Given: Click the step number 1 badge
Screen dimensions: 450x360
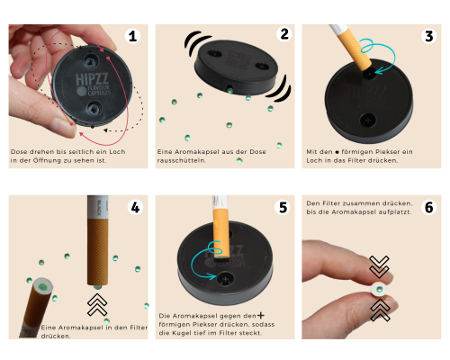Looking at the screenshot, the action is pos(132,37).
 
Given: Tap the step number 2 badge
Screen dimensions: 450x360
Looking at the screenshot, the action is pos(284,34).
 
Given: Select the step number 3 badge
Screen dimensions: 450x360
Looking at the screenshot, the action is pos(429,36).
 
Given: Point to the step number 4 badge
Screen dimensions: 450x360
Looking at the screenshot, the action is pos(135,207).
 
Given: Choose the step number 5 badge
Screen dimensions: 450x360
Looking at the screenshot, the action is pos(283,207).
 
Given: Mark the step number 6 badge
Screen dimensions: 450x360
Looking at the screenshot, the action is pos(429,207).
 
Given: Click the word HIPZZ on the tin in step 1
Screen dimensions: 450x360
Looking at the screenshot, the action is pos(92,79).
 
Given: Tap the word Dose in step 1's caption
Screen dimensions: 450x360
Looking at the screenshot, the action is pos(19,152).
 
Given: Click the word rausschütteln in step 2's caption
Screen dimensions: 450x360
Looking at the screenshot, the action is pos(182,160).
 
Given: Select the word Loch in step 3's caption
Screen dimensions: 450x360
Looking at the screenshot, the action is pos(314,160).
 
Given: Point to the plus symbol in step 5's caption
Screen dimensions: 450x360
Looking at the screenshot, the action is pos(261,315).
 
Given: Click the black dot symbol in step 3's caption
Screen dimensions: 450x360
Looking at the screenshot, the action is pos(337,152).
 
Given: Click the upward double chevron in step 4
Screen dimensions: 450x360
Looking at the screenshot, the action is pos(97,305).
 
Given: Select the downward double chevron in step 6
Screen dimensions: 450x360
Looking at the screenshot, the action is pos(379,266).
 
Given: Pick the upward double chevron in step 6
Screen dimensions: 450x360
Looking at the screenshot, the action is pos(380,310).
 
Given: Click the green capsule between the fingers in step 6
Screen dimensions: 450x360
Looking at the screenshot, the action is pos(380,289).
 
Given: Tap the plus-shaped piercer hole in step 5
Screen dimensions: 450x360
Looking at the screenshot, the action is pos(225,279).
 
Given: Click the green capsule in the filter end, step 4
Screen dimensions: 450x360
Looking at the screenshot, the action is pos(43,287).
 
